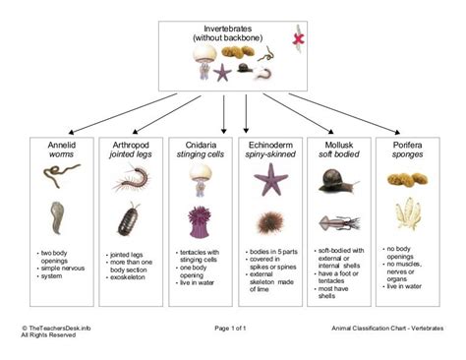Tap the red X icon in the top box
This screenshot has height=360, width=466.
(295, 38)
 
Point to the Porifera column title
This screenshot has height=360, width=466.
(408, 144)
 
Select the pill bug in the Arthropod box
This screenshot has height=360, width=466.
(127, 217)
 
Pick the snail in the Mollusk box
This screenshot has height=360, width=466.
(338, 180)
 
